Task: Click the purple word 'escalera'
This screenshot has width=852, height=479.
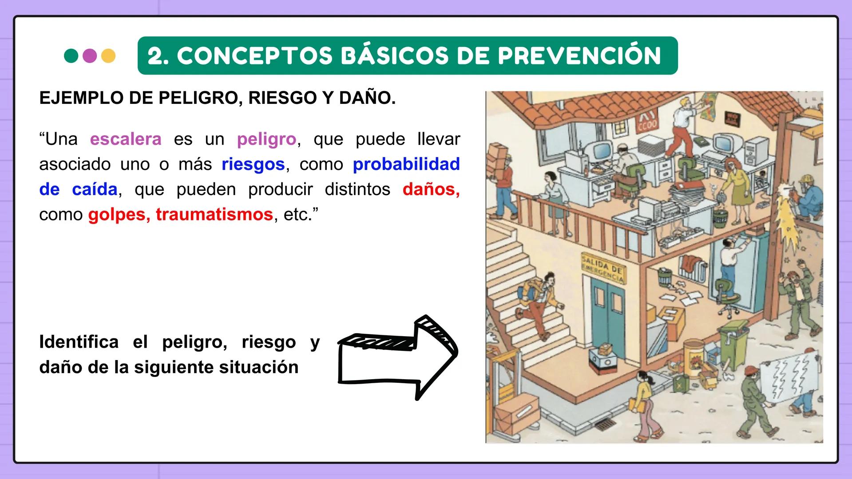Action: pyautogui.click(x=126, y=139)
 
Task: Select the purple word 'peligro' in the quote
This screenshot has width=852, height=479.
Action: pyautogui.click(x=266, y=139)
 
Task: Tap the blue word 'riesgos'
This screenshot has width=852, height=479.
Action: pyautogui.click(x=253, y=165)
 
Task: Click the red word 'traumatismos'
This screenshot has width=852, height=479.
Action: pyautogui.click(x=214, y=215)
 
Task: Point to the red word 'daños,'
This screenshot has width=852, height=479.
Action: pyautogui.click(x=431, y=189)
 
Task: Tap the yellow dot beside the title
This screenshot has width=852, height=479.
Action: pyautogui.click(x=108, y=56)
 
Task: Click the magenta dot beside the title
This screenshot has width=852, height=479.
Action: pyautogui.click(x=90, y=56)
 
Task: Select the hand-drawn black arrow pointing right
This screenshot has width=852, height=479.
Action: pyautogui.click(x=397, y=357)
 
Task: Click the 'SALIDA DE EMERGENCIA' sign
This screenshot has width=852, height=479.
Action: pyautogui.click(x=602, y=269)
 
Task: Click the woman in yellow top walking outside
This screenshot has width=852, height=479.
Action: pyautogui.click(x=643, y=404)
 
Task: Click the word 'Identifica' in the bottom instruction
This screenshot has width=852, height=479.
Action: pyautogui.click(x=79, y=342)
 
